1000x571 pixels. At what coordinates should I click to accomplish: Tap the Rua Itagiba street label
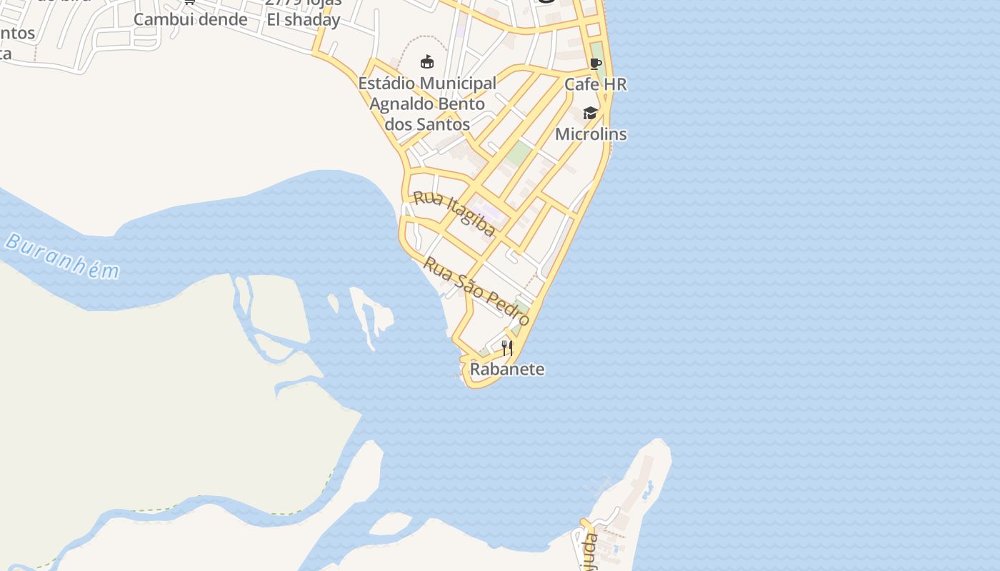tap(454, 213)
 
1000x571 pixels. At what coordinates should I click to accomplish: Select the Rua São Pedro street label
tap(476, 290)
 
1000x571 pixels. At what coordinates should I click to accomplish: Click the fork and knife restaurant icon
tap(507, 348)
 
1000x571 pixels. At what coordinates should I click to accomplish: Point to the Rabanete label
tap(507, 369)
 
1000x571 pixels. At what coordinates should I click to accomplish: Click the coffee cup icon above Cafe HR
tap(596, 64)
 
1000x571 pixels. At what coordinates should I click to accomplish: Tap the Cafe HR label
tap(595, 84)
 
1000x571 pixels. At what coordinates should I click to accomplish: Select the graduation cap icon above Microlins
tap(590, 113)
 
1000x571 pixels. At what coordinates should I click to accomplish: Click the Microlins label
tap(591, 134)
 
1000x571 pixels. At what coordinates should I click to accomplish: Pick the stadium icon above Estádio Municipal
tap(427, 62)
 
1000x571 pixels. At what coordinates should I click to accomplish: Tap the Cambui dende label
tap(191, 19)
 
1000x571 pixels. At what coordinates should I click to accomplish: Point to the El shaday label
tap(304, 20)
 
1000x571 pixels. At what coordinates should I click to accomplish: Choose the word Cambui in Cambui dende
tap(154, 19)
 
